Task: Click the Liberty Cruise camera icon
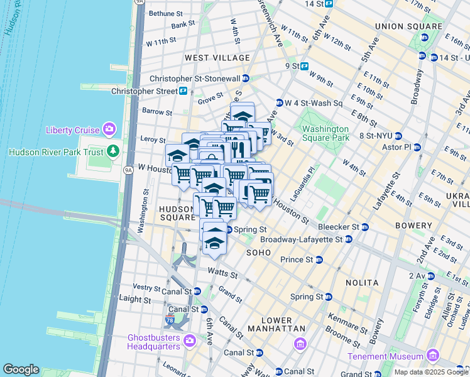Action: [111, 130]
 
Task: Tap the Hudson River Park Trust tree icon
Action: [113, 151]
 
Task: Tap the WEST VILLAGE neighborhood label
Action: [217, 57]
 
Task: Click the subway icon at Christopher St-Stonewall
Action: [246, 79]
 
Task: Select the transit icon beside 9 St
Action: [305, 66]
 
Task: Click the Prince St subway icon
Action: [319, 260]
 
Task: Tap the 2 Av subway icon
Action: [430, 275]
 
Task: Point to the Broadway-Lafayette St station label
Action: [301, 239]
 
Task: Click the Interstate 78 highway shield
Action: [170, 320]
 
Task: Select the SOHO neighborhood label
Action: [258, 252]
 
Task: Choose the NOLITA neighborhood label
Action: [361, 283]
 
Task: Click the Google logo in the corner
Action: [21, 369]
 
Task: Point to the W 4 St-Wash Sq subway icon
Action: [279, 102]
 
